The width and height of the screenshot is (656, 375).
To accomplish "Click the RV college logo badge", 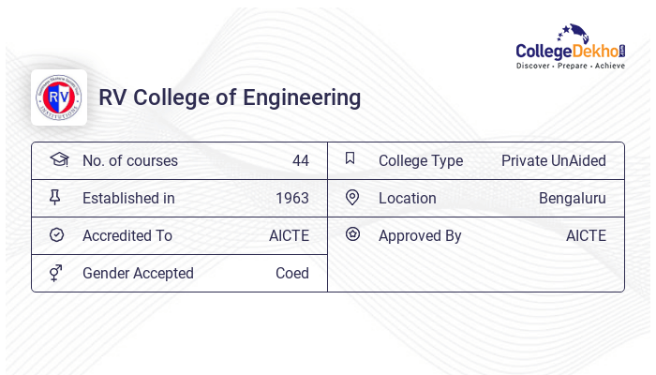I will (59, 97).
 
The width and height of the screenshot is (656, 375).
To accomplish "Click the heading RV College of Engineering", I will (230, 97).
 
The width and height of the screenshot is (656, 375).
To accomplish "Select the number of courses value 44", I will (300, 160).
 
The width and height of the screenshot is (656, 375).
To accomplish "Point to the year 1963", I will (292, 198).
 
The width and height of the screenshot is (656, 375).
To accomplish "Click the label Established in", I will (128, 198).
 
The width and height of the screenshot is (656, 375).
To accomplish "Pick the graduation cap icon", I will (59, 159).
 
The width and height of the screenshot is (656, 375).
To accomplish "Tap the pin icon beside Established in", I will (55, 197).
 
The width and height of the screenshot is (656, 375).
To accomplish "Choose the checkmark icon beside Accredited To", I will (56, 234).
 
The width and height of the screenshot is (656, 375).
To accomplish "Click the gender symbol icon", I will (56, 273).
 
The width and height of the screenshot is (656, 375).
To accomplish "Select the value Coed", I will (292, 273).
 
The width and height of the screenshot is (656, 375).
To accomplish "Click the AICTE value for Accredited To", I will (289, 235).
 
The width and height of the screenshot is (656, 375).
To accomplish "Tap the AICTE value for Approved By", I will (586, 235).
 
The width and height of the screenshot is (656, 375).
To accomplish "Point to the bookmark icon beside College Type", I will (350, 158).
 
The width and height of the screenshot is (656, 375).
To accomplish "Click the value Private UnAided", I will (553, 160).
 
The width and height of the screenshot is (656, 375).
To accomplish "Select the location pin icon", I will (352, 197).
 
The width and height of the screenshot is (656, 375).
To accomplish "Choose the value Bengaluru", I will (572, 198).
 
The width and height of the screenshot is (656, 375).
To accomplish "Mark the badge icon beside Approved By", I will (352, 234).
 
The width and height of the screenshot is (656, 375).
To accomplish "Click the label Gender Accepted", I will (138, 273).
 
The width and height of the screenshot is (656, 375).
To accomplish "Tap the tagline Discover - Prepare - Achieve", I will (570, 67).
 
